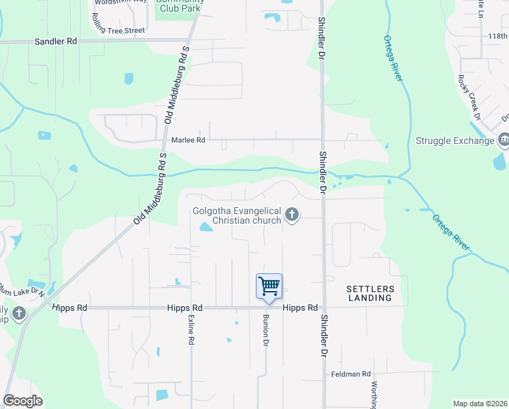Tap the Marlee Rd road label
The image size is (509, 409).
point(188,140)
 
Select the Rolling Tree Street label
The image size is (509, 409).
point(120,30)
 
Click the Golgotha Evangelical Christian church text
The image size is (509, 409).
point(237,215)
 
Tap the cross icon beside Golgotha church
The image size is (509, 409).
point(292,215)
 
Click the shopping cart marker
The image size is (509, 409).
point(269,286)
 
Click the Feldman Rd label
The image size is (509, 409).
point(350,374)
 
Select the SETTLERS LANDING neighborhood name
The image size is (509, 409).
point(369,293)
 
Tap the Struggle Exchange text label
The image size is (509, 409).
point(455,141)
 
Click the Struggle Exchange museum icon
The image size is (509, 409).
point(504,141)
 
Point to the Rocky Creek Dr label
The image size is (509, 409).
point(469,97)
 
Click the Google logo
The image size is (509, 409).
point(22,401)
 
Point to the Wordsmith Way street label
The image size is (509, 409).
point(120,2)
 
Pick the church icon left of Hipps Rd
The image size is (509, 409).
point(19,314)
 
